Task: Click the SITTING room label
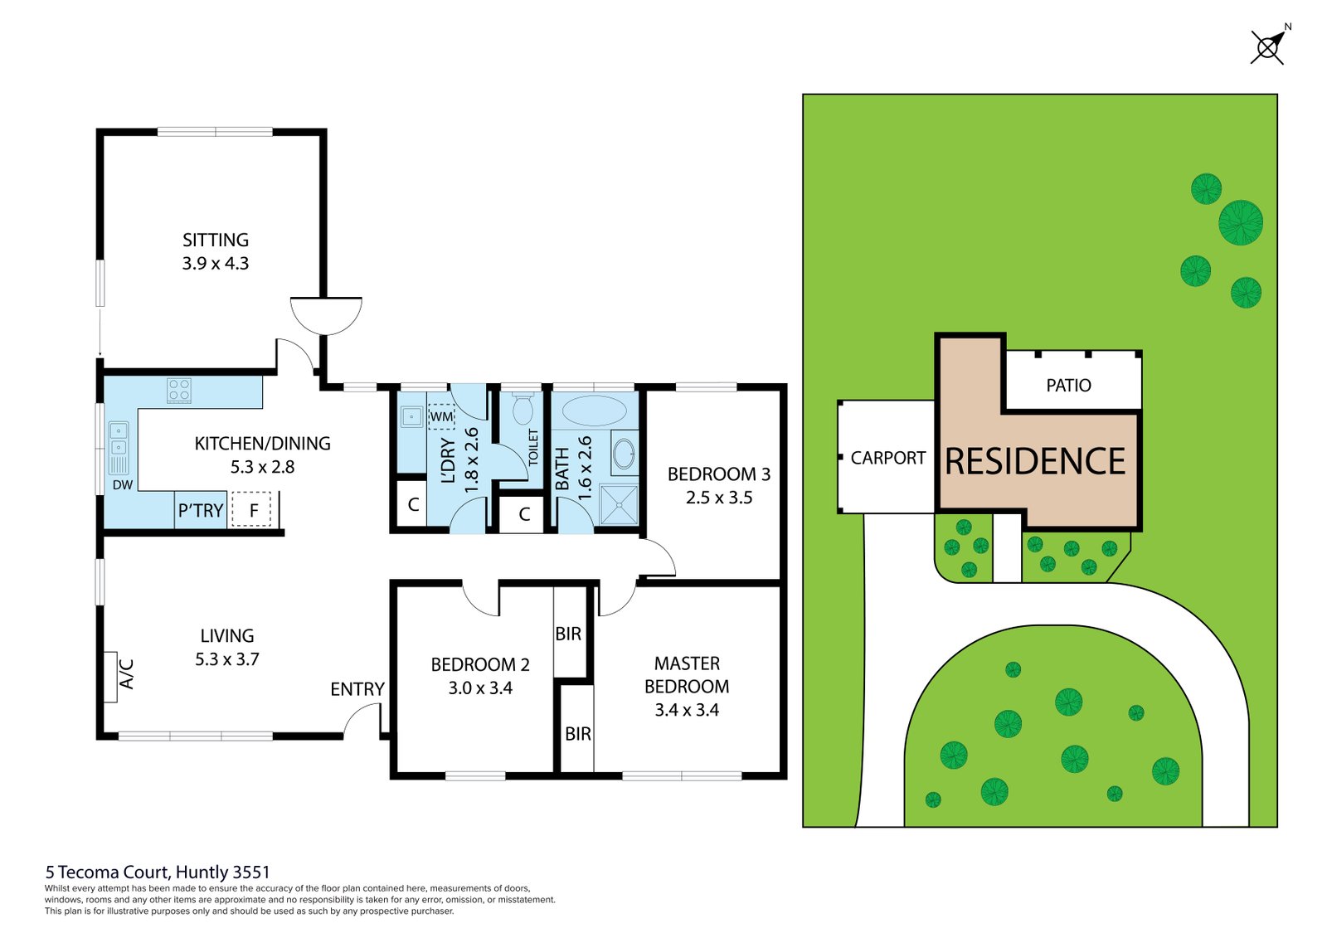tap(216, 241)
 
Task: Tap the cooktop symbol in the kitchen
tap(179, 390)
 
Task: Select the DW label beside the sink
tap(123, 485)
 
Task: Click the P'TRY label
tap(201, 511)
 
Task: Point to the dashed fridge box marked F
tap(253, 509)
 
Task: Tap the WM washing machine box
tap(441, 416)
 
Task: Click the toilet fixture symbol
tap(523, 408)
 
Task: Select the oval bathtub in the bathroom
tap(594, 411)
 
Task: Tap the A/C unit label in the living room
tap(126, 674)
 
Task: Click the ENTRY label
tap(357, 689)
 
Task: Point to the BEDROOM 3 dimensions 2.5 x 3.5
tap(719, 498)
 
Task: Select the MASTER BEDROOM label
tap(687, 674)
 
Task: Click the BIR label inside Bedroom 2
tap(568, 634)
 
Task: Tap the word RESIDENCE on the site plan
tap(1035, 462)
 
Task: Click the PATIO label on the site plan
tap(1068, 386)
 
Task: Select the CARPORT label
tap(887, 458)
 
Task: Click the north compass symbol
tap(1268, 47)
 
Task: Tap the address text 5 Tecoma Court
tap(158, 872)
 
